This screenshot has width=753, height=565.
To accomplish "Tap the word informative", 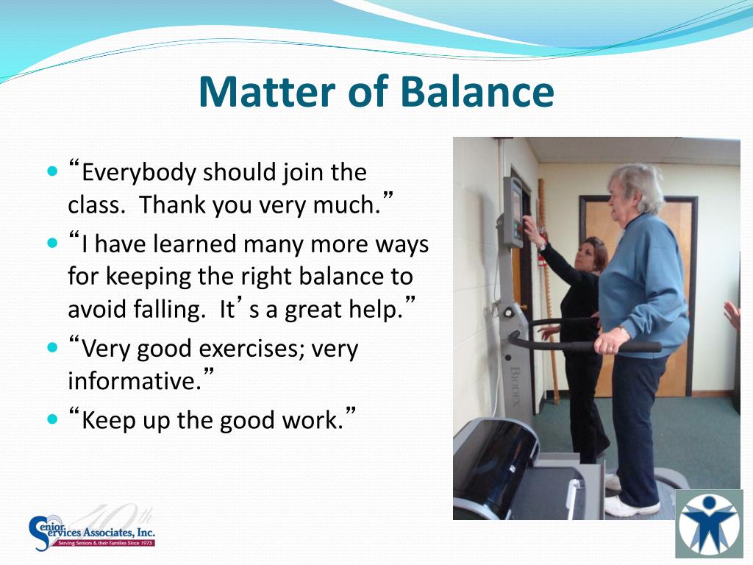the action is point(135,381).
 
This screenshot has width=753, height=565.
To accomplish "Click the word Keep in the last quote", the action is point(107,420).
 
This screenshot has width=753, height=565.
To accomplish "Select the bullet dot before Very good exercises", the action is point(52,347).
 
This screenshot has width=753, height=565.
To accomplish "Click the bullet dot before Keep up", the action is point(52,419).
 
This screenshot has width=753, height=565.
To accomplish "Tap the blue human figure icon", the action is point(710,524).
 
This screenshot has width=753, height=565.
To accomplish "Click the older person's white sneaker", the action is point(630,506).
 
